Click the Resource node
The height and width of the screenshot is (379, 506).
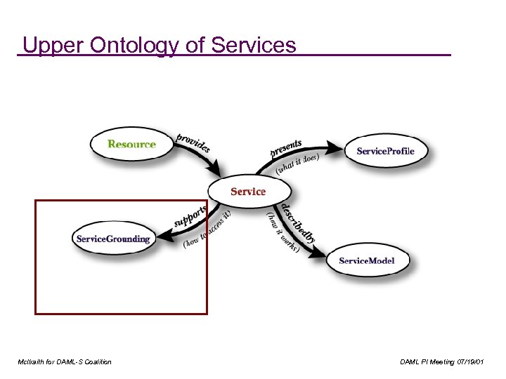click(x=131, y=144)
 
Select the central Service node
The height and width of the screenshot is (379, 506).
click(x=248, y=191)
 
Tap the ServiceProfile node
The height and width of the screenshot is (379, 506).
click(x=385, y=151)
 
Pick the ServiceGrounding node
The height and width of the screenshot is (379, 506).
click(x=113, y=239)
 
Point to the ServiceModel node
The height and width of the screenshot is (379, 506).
click(x=366, y=260)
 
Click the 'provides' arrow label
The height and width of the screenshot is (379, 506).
click(x=193, y=142)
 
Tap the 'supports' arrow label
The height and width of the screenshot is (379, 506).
click(x=190, y=215)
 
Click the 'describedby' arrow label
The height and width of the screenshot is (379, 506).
click(x=298, y=222)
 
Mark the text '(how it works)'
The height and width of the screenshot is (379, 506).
click(x=281, y=232)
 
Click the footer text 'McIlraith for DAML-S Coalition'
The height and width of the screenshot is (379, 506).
click(x=64, y=361)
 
